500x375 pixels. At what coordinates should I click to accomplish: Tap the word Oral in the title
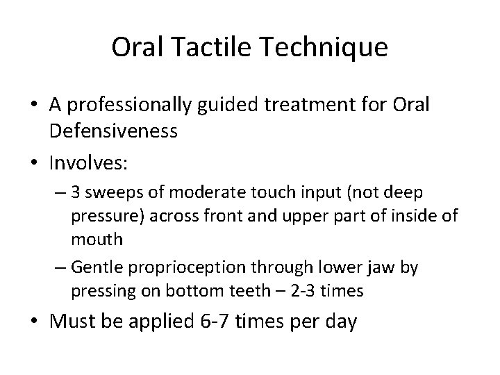135,49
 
